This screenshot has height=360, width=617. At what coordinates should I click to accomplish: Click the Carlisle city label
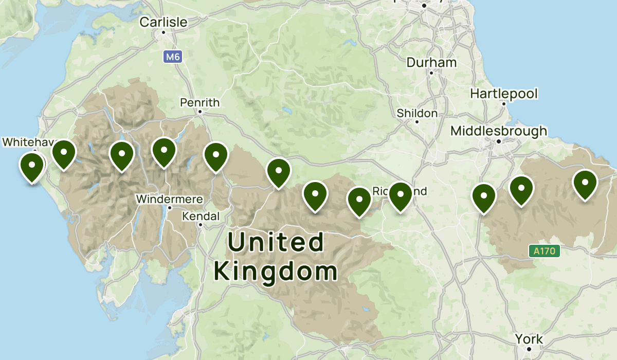[x=164, y=22]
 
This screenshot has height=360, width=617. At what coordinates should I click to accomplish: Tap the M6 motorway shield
[x=173, y=57]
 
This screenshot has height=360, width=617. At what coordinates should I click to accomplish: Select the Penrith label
[x=199, y=102]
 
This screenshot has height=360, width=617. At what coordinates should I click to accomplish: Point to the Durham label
[x=431, y=63]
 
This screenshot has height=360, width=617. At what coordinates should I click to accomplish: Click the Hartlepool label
[x=504, y=94]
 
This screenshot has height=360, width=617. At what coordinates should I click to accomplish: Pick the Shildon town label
[x=417, y=113]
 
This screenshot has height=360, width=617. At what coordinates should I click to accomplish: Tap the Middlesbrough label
[x=499, y=131]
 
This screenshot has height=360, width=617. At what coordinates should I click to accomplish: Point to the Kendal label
[x=201, y=216]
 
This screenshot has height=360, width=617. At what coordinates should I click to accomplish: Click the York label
[x=529, y=339]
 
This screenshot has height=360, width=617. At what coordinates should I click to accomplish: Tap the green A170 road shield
[x=544, y=251]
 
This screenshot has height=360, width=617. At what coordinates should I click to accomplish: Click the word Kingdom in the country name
[x=276, y=271]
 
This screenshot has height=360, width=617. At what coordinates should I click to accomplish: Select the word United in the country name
[x=276, y=242]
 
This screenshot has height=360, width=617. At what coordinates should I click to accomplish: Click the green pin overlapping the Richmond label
[x=400, y=195]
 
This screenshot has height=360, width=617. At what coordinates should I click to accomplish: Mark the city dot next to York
[x=529, y=349]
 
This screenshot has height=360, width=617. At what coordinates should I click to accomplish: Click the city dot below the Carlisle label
[x=164, y=32]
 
